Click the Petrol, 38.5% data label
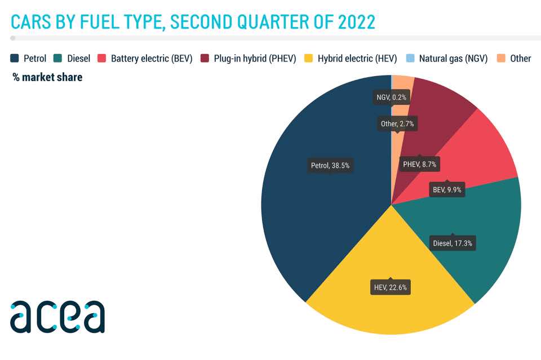tap(330, 166)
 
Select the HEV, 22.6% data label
tap(390, 287)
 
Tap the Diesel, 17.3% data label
tap(453, 243)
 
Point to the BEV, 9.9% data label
tap(447, 189)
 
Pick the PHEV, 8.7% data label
tap(419, 164)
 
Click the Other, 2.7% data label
tap(397, 124)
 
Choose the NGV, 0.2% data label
tap(391, 97)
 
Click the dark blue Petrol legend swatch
tap(15, 58)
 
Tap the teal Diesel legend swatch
tap(57, 58)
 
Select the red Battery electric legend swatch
tap(101, 58)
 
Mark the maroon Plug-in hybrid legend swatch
tap(205, 58)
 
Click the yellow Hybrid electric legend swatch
tap(308, 58)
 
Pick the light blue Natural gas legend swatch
tap(410, 58)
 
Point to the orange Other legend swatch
tap(501, 58)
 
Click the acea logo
tap(57, 317)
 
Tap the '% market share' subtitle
tap(47, 77)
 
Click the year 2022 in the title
tap(356, 22)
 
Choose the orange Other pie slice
tap(401, 104)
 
